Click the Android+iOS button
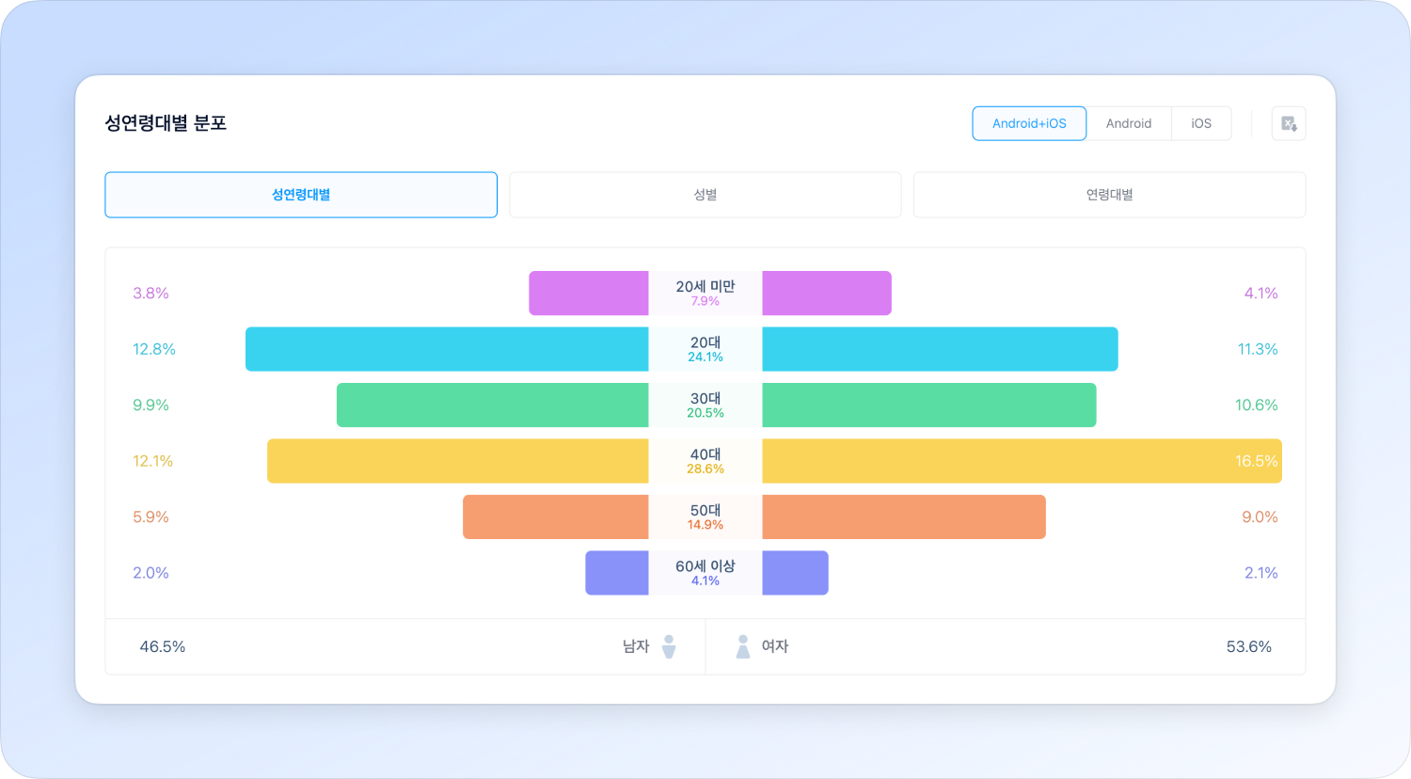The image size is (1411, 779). coord(1029,123)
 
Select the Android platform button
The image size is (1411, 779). coord(1129,123)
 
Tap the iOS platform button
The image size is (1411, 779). coord(1201,123)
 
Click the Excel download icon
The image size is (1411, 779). coord(1289,123)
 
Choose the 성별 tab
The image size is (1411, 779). coord(705,195)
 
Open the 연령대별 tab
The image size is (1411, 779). coord(1109,195)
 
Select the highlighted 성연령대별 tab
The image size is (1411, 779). coord(301,195)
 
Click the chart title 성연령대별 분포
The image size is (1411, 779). coord(166,123)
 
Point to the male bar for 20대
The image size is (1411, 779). coord(447,349)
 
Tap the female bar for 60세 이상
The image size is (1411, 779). coord(795,573)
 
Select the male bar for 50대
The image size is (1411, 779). coord(555,517)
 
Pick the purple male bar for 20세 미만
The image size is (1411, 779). coord(588,294)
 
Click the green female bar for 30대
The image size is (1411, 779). coord(928,405)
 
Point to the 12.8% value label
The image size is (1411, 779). coord(154,349)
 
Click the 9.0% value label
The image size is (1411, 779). coord(1260,517)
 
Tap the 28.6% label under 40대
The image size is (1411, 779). coord(705,469)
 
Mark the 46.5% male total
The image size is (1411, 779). coord(163,646)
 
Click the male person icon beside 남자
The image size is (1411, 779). coord(669,646)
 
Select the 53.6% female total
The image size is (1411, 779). coord(1248,646)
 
